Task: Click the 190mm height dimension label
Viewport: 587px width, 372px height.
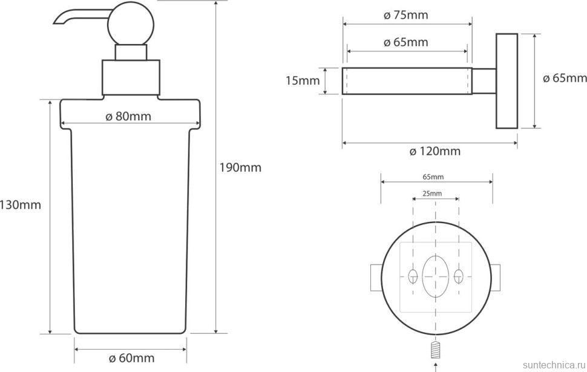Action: [240, 168]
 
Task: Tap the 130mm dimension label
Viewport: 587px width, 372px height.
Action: [20, 204]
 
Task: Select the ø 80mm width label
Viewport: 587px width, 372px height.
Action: [128, 116]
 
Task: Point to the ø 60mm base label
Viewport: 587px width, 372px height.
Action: [131, 358]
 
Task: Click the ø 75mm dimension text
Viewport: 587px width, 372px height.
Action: [406, 15]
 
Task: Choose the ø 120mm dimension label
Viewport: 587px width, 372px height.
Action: [435, 151]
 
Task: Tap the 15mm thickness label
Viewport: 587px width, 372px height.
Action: [303, 80]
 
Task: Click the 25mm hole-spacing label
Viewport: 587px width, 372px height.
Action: [432, 194]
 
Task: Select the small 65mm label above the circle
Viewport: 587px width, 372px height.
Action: [433, 177]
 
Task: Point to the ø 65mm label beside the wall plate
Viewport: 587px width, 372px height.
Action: [565, 78]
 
